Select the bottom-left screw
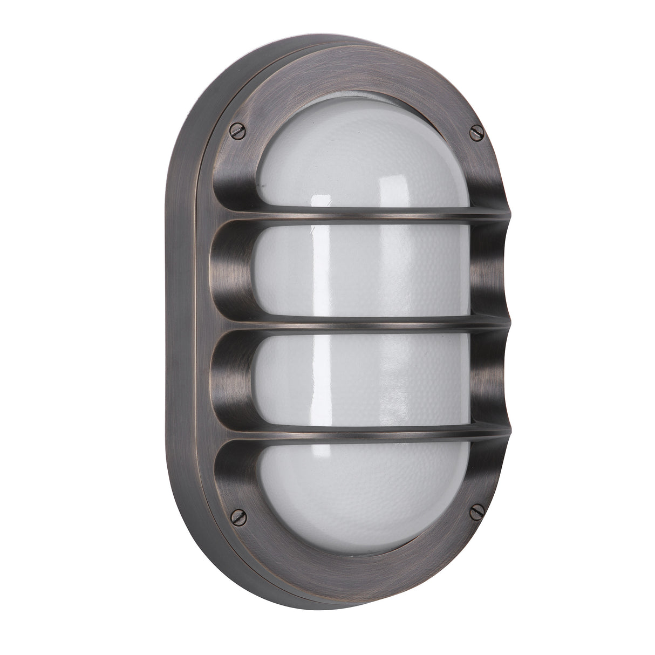tap(237, 516)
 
